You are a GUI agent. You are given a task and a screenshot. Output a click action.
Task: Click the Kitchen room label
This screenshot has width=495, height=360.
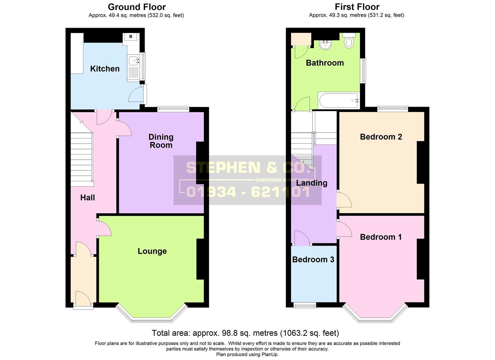(105, 69)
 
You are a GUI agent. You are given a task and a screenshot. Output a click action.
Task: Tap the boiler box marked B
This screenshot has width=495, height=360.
(131, 36)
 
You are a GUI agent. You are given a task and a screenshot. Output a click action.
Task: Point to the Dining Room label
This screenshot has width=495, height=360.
(161, 141)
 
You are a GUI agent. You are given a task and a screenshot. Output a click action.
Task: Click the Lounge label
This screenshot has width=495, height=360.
(152, 251)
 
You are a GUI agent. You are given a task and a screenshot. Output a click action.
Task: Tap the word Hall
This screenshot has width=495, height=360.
(87, 198)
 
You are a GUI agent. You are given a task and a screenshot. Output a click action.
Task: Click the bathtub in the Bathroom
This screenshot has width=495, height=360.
(338, 100)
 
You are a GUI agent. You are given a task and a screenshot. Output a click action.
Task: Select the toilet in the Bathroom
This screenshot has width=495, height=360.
(349, 41)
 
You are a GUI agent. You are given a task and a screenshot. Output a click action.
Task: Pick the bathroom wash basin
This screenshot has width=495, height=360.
(325, 45)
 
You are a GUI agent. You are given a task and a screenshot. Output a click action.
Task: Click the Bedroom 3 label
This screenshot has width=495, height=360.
(313, 259)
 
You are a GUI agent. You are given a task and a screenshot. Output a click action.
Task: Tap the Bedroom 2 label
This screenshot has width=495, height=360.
(381, 137)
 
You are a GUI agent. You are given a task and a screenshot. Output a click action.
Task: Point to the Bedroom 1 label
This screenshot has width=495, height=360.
(381, 237)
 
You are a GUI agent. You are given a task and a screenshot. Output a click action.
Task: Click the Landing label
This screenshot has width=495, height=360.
(312, 183)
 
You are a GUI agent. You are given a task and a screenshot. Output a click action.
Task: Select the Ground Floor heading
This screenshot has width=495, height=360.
(137, 7)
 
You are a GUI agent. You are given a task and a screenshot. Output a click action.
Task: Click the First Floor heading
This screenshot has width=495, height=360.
(357, 7)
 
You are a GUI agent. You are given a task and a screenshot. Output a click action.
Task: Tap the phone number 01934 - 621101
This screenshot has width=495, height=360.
(248, 192)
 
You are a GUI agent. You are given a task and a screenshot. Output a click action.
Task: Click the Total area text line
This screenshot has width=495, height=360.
(245, 333)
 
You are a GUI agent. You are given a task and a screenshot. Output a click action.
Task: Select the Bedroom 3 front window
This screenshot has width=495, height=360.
(305, 305)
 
